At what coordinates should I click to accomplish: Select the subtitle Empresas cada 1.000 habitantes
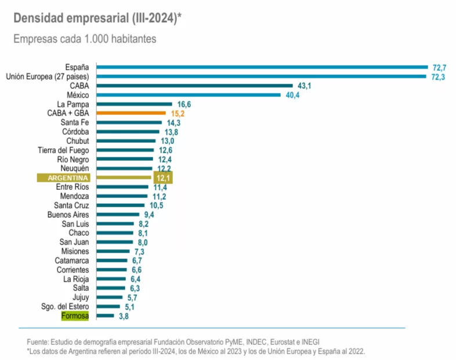[x=85, y=39]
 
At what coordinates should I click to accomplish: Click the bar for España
[x=261, y=67]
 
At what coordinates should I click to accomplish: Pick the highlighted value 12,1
[x=162, y=178]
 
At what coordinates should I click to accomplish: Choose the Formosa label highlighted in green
[x=75, y=316]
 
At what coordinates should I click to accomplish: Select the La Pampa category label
[x=74, y=104]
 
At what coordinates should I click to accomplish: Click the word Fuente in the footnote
[x=38, y=341]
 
